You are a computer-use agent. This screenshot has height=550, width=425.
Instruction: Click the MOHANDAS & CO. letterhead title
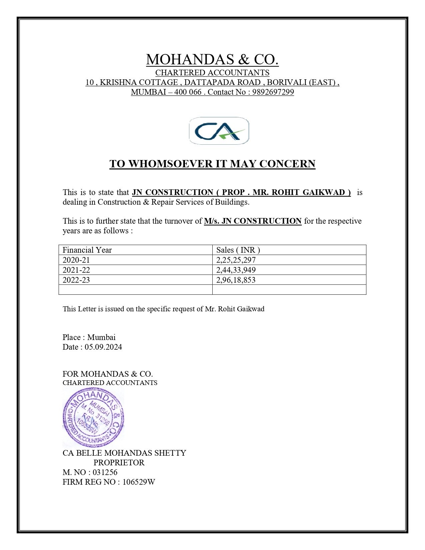[212, 60]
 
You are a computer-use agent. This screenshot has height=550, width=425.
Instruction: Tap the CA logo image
[219, 131]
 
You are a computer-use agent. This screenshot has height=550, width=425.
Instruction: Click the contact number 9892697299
[273, 92]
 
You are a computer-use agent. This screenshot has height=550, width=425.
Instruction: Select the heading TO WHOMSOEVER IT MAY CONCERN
[212, 164]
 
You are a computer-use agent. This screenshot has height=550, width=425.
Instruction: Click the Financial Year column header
[87, 250]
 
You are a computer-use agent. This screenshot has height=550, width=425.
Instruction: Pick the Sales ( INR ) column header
[238, 250]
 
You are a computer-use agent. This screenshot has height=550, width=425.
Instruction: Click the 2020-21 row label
[76, 260]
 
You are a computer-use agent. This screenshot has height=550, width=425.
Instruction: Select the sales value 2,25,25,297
[236, 260]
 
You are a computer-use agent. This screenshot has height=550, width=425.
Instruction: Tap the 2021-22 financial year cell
[76, 270]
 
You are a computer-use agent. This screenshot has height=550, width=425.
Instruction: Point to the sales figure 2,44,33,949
[236, 270]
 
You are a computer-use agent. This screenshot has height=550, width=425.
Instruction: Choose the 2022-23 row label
[76, 280]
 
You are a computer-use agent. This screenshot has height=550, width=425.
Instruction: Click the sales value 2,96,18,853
[236, 280]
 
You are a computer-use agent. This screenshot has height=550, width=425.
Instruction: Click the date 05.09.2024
[103, 347]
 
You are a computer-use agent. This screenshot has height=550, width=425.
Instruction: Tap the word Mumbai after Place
[101, 337]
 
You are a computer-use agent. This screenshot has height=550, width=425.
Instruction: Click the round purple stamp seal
[93, 417]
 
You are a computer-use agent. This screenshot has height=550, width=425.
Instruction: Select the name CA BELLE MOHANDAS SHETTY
[124, 453]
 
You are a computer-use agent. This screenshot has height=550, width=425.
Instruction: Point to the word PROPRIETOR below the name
[119, 463]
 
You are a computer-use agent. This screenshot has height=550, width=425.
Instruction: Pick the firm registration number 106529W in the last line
[139, 482]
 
